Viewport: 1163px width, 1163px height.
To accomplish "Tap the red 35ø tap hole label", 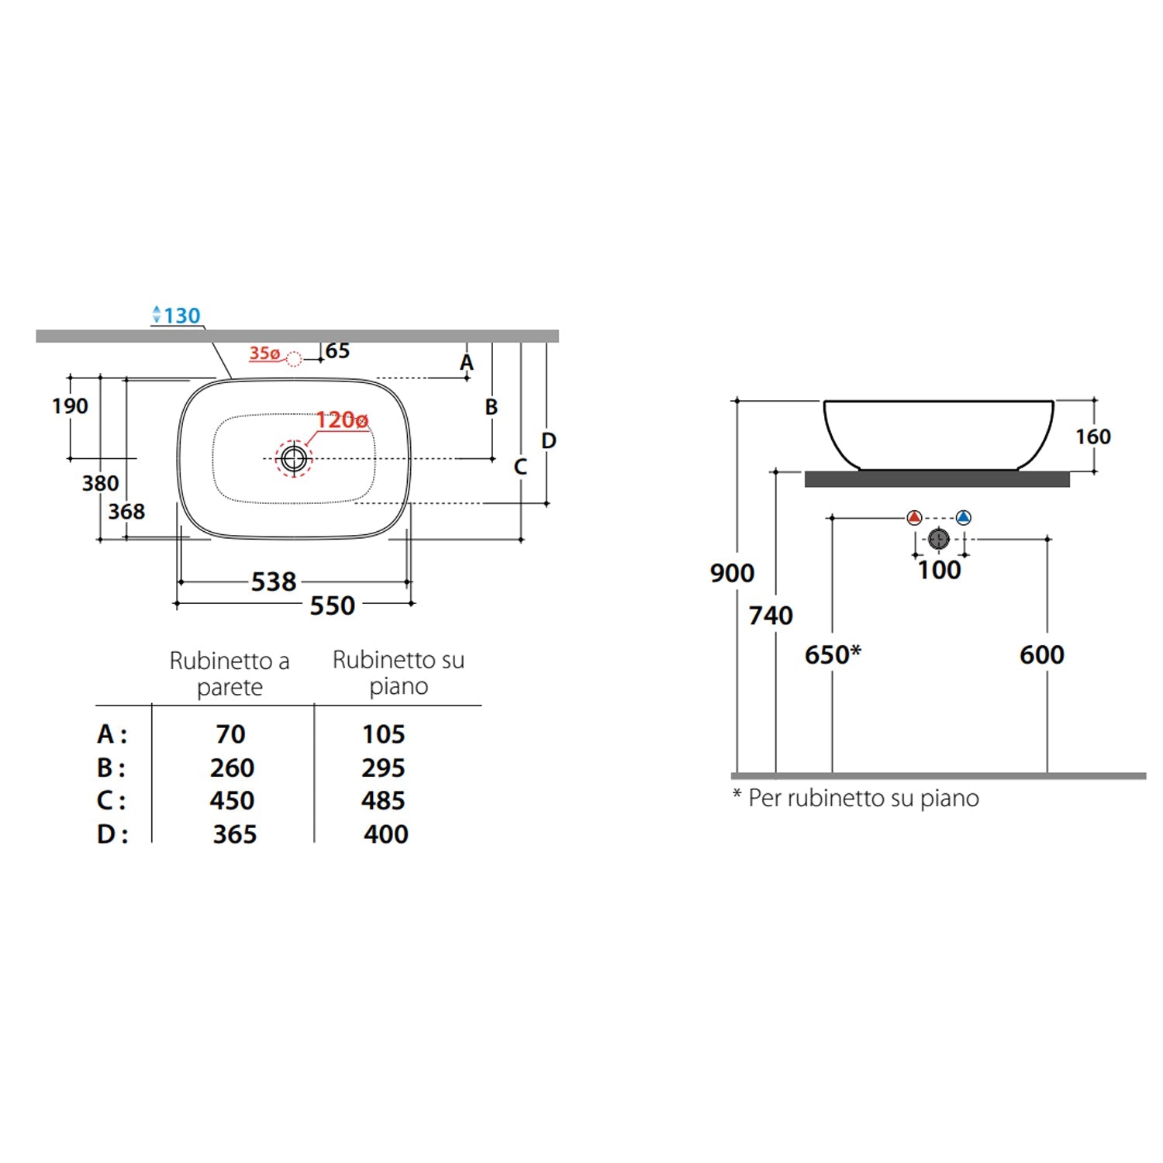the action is [264, 354].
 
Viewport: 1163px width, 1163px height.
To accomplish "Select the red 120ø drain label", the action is [342, 420].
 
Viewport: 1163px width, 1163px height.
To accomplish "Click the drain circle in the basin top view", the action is [294, 458].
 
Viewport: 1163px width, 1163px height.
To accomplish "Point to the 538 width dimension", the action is [274, 581].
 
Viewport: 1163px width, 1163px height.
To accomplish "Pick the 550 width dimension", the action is [333, 606].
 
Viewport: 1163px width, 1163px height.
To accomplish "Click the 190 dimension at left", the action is [70, 405].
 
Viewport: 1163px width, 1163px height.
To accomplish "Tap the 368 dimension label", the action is [126, 512].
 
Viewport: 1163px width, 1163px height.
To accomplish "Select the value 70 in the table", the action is [230, 733].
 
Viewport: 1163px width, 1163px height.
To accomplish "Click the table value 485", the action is [384, 800].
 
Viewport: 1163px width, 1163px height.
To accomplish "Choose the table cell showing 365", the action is [235, 834].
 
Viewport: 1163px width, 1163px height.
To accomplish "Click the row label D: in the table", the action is [112, 834].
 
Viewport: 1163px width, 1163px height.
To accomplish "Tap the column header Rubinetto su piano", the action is [399, 672].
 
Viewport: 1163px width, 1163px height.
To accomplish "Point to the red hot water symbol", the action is [914, 517].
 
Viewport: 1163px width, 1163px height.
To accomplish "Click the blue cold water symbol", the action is [963, 517].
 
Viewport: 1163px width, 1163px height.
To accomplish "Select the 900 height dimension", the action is [732, 573].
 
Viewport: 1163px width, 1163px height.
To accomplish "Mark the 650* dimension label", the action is [833, 654].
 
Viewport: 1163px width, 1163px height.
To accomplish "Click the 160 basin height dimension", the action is [1093, 437].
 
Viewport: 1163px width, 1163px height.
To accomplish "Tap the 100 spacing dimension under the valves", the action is [939, 570].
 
